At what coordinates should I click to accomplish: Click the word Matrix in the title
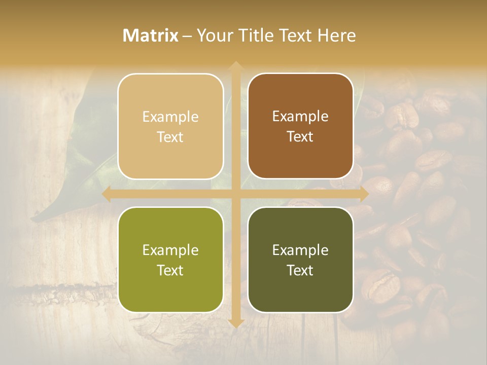(x=151, y=35)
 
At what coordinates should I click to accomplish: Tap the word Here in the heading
(x=336, y=35)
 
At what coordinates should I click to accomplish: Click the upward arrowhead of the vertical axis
(x=235, y=66)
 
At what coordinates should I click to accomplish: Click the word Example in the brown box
(x=300, y=117)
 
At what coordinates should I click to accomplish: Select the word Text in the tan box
(x=170, y=137)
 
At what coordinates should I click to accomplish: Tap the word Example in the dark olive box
(x=300, y=250)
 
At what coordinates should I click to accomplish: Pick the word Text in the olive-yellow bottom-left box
(x=170, y=271)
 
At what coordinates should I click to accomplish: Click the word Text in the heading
(x=294, y=35)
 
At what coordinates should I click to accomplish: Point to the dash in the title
(x=187, y=36)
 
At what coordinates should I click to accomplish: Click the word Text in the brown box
(x=300, y=137)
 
